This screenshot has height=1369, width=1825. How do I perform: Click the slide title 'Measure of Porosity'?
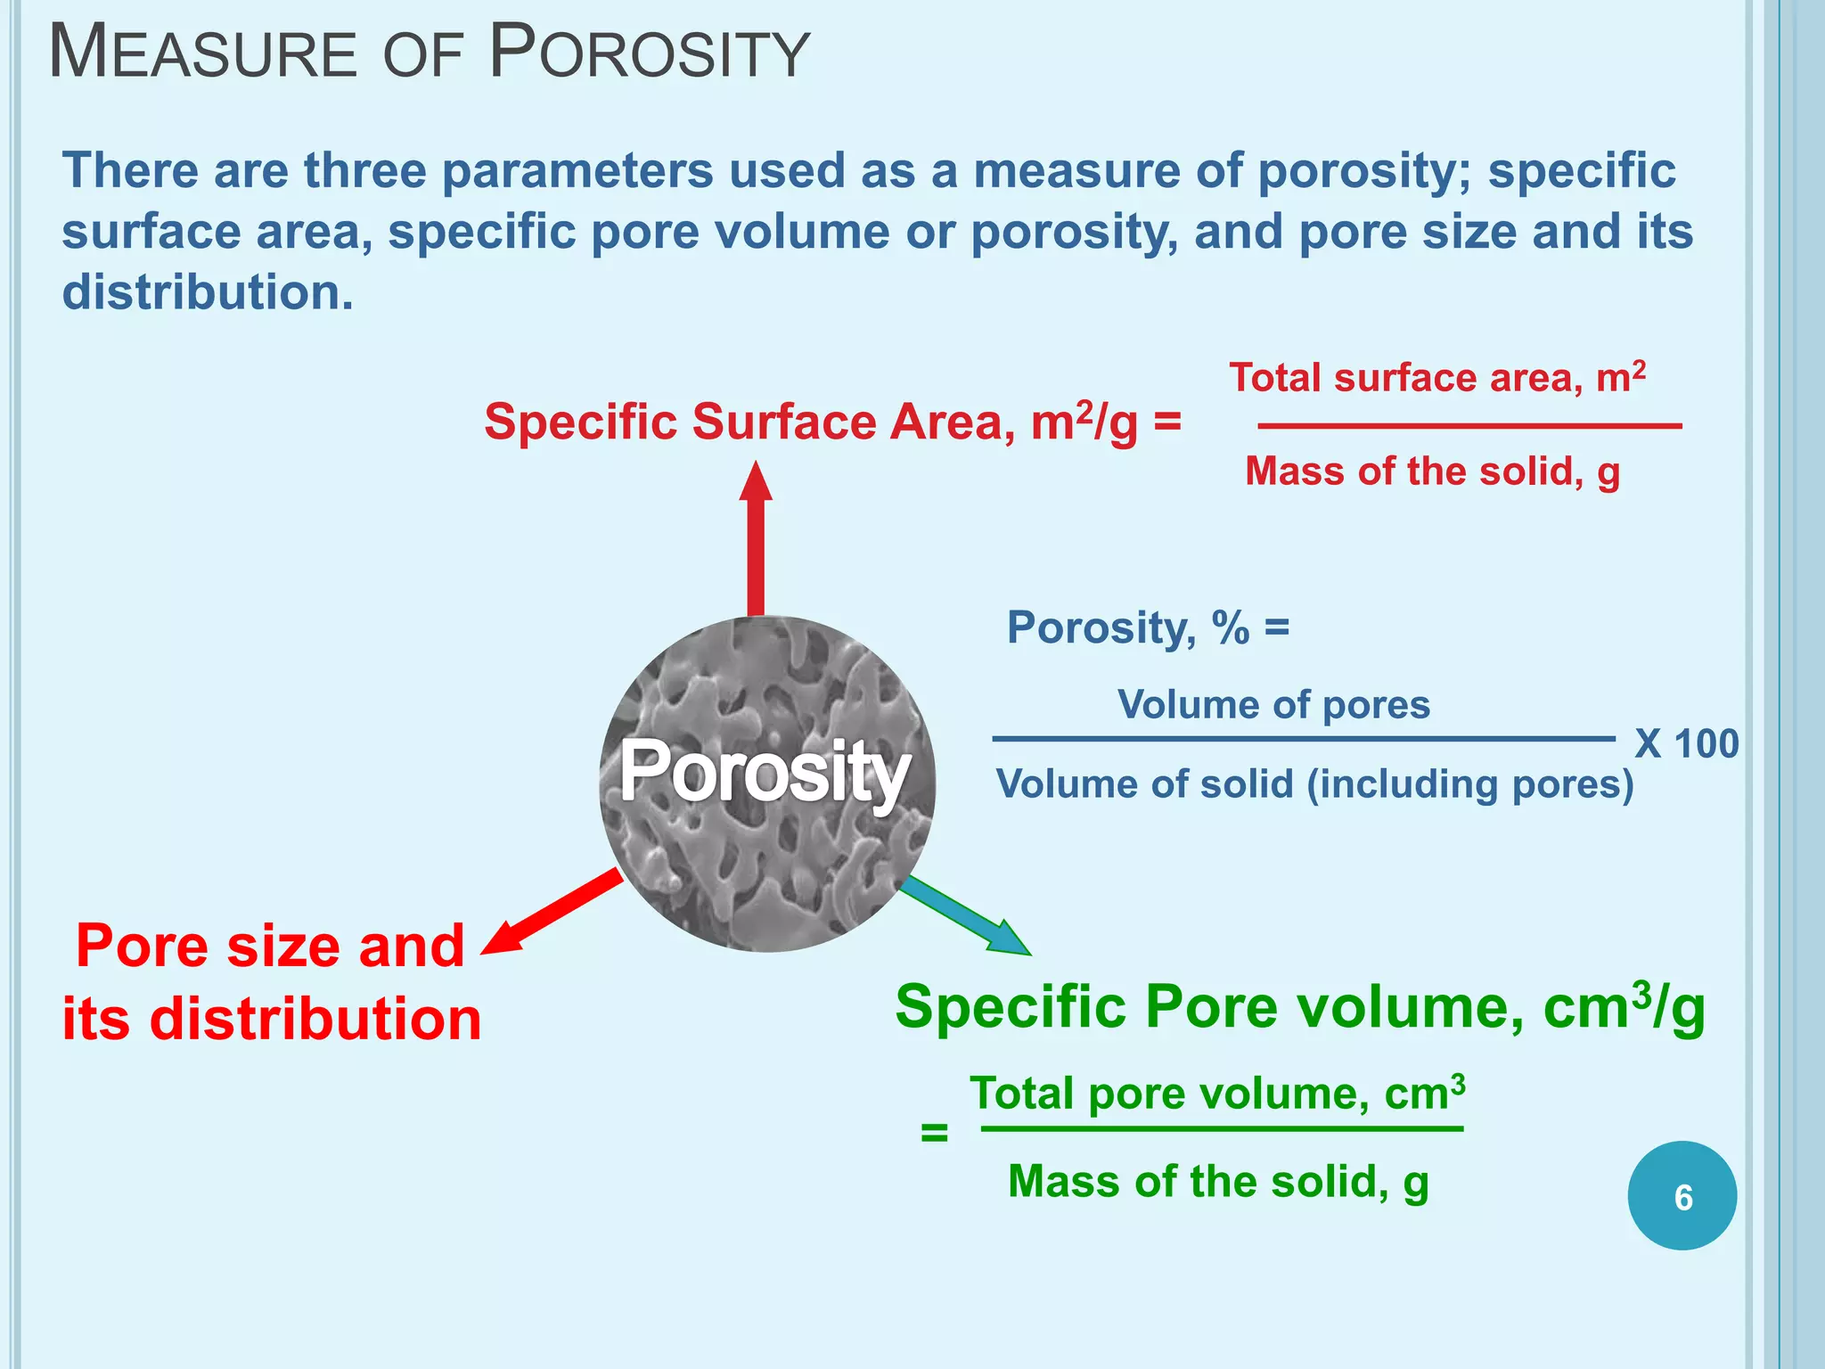pos(429,53)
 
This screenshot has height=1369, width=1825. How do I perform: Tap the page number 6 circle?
pos(1682,1196)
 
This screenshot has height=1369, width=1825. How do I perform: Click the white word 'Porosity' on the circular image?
pos(765,772)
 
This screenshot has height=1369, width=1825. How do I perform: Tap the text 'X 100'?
pos(1686,743)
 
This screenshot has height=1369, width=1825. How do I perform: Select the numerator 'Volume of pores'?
pos(1273,705)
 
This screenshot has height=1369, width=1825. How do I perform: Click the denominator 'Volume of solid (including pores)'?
pos(1314,784)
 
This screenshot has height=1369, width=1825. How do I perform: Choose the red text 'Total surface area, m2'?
pos(1436,378)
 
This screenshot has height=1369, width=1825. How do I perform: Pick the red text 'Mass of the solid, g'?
pos(1432,471)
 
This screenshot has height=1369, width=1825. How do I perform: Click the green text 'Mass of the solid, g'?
pos(1218,1182)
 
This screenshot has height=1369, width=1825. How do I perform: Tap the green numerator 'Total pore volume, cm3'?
pos(1217,1093)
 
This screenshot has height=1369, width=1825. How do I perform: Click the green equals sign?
pos(934,1134)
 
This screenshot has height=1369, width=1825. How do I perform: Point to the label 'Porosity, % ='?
pos(1148,627)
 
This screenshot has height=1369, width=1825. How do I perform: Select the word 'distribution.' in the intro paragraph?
pos(208,292)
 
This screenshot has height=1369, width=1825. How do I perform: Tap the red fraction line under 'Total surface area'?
pos(1469,426)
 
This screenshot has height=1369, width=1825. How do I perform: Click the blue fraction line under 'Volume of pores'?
pos(1303,739)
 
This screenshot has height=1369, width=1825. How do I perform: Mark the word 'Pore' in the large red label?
pos(143,946)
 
